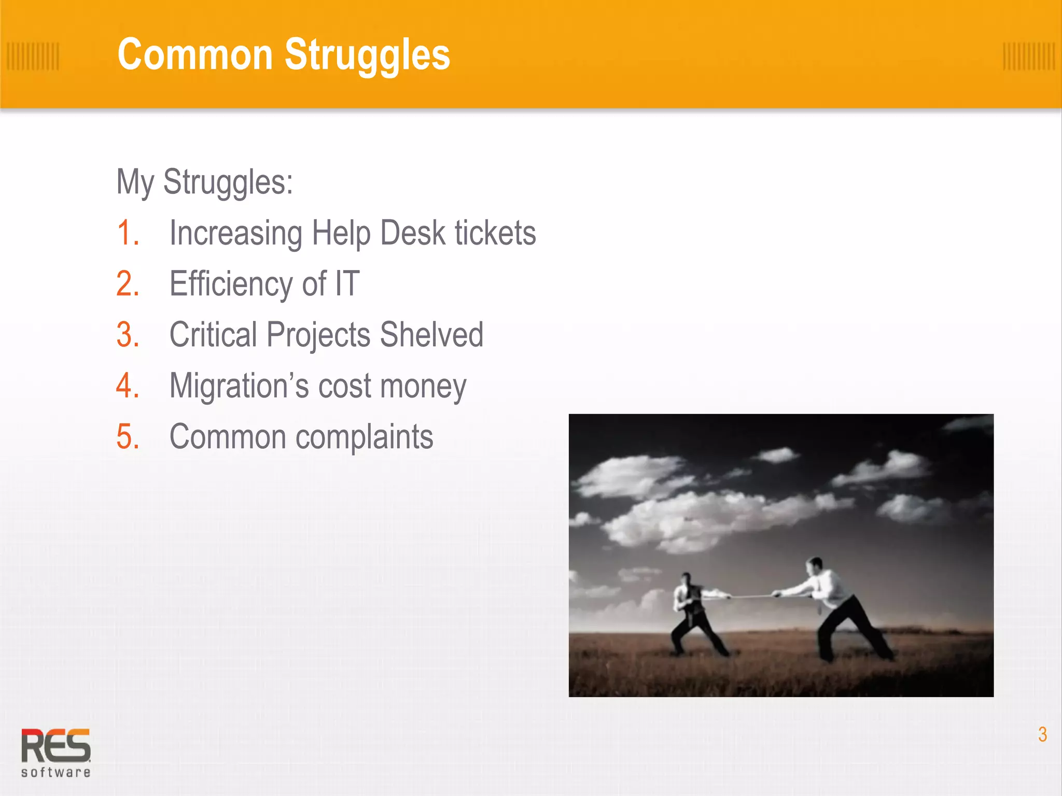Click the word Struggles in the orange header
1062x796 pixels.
[367, 55]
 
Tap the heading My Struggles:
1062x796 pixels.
[205, 182]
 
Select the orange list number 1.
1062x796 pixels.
[128, 233]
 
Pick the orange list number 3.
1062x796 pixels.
[128, 335]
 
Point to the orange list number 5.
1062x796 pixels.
[128, 437]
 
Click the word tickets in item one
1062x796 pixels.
[495, 233]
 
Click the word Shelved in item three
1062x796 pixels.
[431, 335]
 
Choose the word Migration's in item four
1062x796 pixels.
[239, 386]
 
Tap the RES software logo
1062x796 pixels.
[55, 752]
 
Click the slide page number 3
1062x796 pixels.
[1042, 734]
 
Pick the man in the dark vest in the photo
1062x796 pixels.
[692, 614]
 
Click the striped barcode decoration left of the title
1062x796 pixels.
[33, 56]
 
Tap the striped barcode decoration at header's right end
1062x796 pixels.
[1028, 56]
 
